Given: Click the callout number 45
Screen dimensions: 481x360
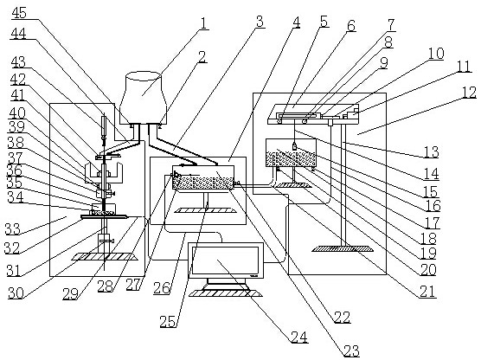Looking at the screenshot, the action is pos(19,13).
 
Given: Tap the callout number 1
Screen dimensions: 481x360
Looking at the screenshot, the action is pos(203,23).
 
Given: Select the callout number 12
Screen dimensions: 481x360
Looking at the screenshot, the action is pos(469,92).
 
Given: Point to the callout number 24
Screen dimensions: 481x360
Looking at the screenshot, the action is pos(299,337).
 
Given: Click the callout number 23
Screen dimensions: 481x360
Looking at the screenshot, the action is pos(350,350).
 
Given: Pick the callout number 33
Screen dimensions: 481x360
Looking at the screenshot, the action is pos(12,228).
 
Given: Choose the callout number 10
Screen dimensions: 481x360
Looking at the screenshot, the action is pos(436,54).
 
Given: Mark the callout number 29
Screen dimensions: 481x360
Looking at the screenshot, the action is pos(71,294).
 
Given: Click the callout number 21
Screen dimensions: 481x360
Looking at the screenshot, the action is pos(427,292).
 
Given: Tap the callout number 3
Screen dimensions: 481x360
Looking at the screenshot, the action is pos(260,22).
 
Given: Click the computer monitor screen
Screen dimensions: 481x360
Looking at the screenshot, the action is pos(226,260).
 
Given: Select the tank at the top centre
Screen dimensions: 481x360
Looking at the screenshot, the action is pos(144,98).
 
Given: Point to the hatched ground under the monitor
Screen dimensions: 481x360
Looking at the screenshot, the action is pos(226,293).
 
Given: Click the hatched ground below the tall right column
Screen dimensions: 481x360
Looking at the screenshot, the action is pos(343,248).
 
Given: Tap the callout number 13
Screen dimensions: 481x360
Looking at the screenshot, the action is pos(431,151).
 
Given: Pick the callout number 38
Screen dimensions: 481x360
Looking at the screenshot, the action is pos(16,143).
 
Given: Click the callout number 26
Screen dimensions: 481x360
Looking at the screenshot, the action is pos(162,288).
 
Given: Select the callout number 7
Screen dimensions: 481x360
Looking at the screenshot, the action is pos(391,25).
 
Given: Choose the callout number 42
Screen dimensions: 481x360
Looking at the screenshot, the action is pos(18,80).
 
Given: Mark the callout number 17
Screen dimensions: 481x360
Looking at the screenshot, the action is pos(433,222).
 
